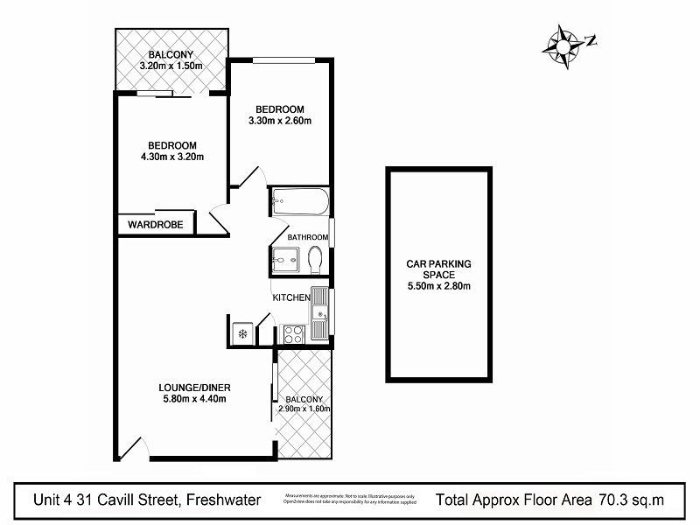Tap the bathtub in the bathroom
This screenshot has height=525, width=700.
299,203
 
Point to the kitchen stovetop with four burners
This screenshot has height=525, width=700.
293,333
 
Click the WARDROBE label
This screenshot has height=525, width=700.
155,225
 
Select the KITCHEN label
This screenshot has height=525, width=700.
291,298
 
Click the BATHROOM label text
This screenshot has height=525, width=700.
309,237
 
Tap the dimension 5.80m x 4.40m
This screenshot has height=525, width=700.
193,400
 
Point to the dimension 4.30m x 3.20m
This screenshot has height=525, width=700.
171,157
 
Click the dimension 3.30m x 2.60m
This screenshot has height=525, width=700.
280,121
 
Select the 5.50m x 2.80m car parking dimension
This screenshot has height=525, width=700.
438,285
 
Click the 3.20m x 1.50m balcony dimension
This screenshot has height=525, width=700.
171,66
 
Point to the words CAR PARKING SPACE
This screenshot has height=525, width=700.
438,268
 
